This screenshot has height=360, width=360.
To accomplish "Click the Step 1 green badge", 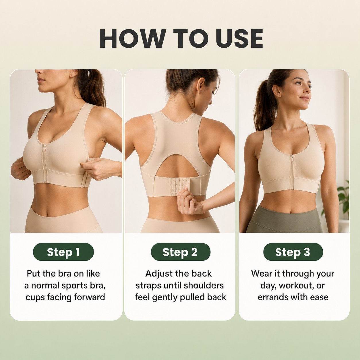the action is tap(63, 252).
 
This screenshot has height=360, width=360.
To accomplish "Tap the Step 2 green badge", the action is tap(181, 252).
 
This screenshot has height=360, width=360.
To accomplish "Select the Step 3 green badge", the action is tap(293, 252).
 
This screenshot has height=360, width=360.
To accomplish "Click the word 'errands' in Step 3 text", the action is tap(270, 297).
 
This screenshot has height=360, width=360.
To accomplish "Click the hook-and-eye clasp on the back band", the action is tap(179, 186).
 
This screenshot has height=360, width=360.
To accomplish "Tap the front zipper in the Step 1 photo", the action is tap(45, 163).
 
